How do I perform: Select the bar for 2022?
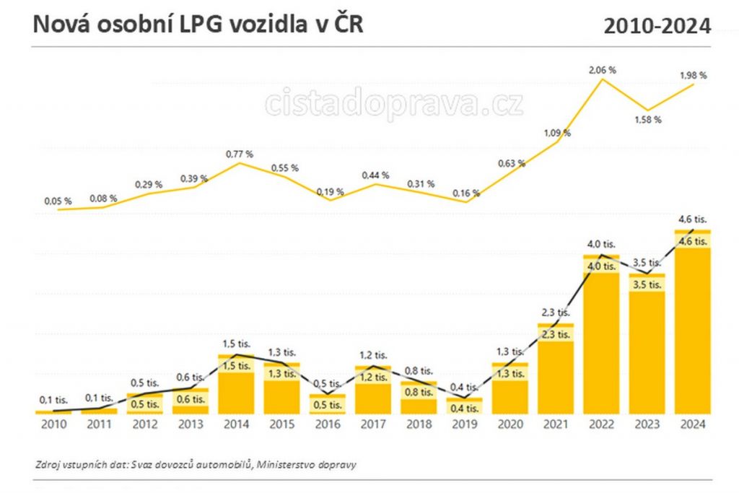click(602, 335)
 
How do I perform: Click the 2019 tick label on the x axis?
click(465, 424)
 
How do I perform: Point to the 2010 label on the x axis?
click(55, 424)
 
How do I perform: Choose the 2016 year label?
click(328, 424)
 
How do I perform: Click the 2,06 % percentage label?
click(602, 70)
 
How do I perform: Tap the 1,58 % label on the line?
click(647, 119)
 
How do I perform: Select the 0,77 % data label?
click(239, 154)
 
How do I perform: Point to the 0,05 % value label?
click(57, 201)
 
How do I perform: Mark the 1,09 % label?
click(556, 133)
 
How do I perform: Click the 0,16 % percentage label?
click(466, 193)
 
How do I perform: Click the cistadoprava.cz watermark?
click(394, 103)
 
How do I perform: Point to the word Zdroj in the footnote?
click(47, 464)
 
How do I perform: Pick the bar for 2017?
click(374, 390)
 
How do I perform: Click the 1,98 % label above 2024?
click(693, 75)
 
